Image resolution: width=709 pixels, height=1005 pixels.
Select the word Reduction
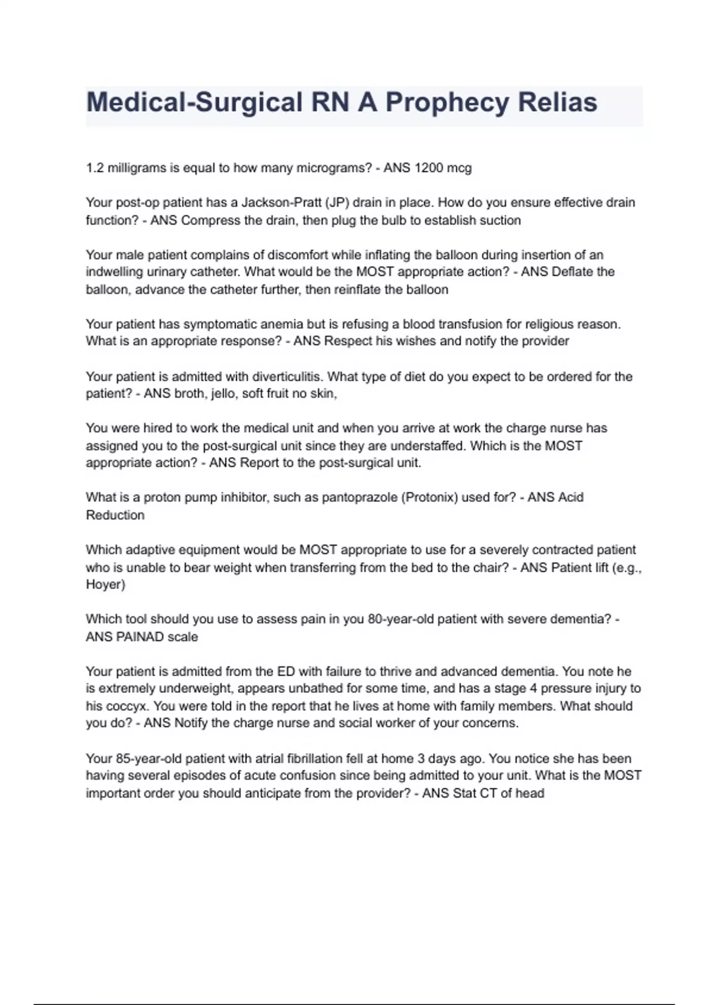[x=115, y=515]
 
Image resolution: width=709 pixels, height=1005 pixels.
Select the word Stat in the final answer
[x=464, y=793]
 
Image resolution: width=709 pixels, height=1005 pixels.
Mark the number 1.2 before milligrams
[x=95, y=168]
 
